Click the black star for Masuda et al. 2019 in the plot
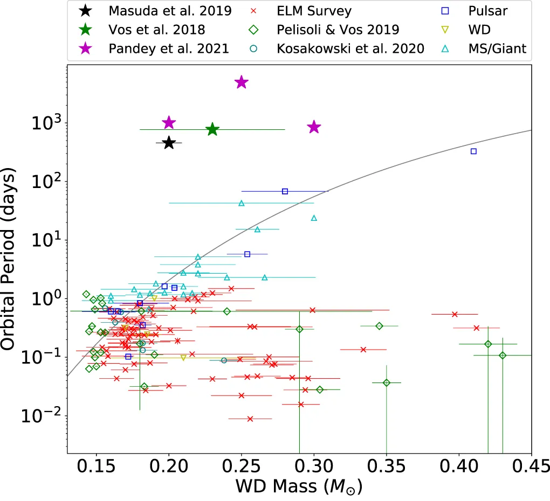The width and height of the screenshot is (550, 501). point(169,143)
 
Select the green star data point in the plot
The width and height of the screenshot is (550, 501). point(212,129)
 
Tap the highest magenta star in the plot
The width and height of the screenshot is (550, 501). point(242,82)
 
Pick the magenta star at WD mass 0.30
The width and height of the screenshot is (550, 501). point(314,127)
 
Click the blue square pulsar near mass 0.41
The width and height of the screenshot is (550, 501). point(473,151)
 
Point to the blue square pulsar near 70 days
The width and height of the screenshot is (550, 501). point(285,191)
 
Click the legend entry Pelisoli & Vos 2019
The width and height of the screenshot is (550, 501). point(345,29)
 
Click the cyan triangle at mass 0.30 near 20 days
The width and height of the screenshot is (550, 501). point(314,218)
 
